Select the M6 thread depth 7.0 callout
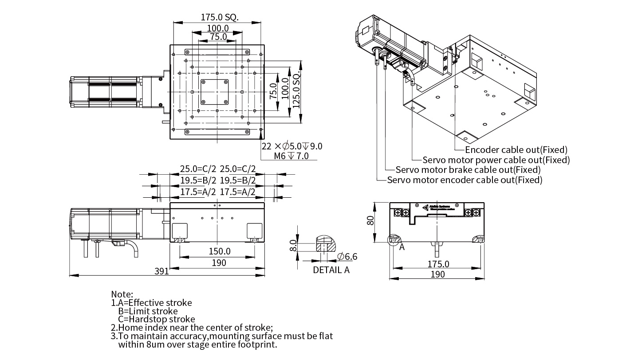[x=291, y=156]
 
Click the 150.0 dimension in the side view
[x=220, y=251]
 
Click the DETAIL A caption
[x=331, y=270]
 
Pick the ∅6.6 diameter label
[x=347, y=256]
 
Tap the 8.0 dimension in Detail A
[x=292, y=245]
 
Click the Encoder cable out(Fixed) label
[x=516, y=150]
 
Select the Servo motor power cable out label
[x=496, y=160]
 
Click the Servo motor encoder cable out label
[x=465, y=180]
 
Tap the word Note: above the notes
[x=122, y=294]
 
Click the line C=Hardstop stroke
[x=156, y=319]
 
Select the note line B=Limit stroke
[x=148, y=311]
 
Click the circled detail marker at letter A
[x=393, y=240]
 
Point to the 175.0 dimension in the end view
[x=438, y=264]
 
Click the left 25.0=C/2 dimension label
[x=198, y=169]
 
